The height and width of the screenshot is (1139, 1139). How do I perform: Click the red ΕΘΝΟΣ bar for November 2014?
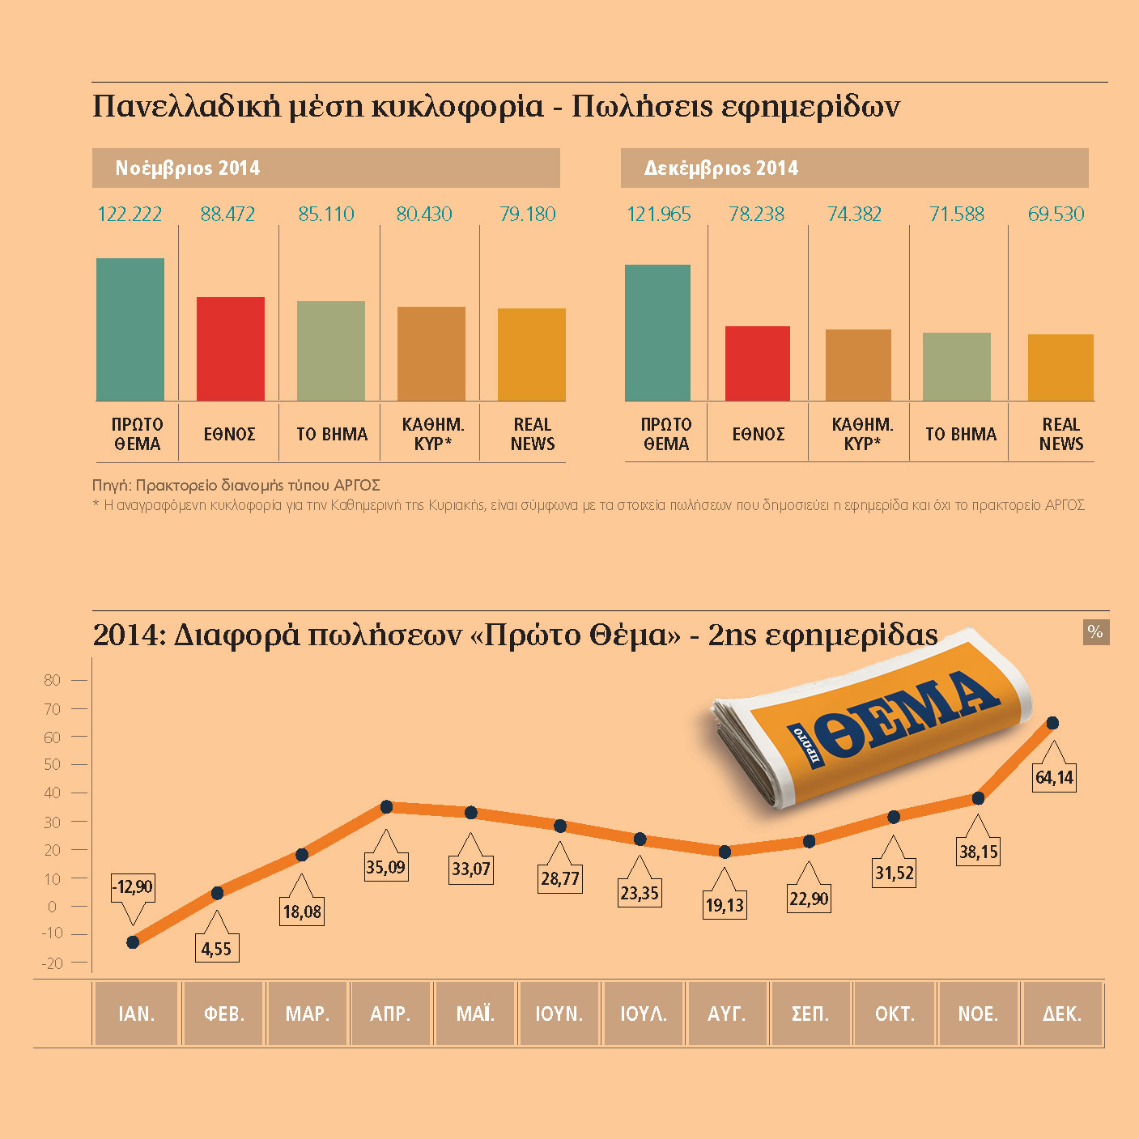point(231,349)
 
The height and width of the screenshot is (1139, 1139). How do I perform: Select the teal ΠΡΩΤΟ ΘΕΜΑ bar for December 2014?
point(657,333)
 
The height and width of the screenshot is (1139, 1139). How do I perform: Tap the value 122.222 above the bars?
point(130,215)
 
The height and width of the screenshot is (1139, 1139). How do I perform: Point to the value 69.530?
point(1056,215)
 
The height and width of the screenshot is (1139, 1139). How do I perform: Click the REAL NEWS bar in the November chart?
point(531,355)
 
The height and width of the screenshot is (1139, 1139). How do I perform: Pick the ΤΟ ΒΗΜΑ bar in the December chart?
point(957,367)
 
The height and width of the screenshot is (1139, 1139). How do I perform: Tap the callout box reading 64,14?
point(1054,778)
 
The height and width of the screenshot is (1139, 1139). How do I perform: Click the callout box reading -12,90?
point(132,887)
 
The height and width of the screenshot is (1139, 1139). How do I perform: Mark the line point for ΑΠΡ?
point(386,807)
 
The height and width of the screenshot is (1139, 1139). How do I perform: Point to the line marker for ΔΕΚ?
point(1052,723)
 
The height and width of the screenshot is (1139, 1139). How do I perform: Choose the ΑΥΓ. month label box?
point(726,1014)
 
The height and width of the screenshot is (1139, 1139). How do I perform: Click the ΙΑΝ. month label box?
point(136,1014)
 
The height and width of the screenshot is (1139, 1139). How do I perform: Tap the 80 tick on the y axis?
point(53,680)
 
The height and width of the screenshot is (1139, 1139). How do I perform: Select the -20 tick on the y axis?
point(53,963)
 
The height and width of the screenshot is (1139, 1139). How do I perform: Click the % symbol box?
point(1095,632)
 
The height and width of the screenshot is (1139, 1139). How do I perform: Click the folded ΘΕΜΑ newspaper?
point(866,720)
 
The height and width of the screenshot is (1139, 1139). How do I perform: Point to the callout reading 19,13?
point(725,905)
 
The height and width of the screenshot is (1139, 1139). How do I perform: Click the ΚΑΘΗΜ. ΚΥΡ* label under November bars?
point(432,434)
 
